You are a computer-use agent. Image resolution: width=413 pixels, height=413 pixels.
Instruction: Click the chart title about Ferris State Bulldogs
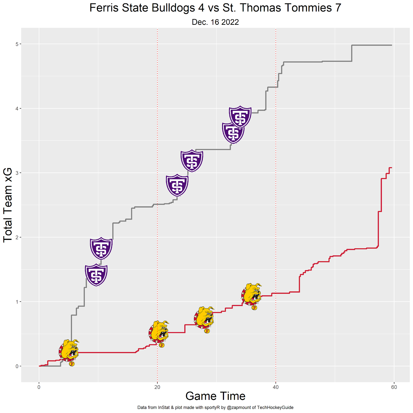tap(215, 8)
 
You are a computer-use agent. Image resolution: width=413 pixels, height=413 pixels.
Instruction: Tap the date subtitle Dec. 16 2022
tap(215, 22)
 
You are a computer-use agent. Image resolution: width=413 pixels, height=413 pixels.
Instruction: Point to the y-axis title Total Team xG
tap(8, 205)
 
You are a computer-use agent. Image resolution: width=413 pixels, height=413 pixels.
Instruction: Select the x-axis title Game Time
tap(215, 396)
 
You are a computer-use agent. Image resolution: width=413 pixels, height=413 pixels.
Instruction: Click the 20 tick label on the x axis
tap(157, 387)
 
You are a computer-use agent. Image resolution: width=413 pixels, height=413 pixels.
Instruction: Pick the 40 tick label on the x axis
tap(276, 387)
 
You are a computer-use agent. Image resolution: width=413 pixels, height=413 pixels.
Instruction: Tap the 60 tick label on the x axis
tap(394, 387)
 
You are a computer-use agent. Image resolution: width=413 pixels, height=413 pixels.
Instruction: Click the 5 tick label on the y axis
tap(17, 44)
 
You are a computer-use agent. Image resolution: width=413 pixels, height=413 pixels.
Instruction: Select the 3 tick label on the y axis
tap(17, 173)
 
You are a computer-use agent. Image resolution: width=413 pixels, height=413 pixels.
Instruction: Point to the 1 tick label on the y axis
tap(17, 302)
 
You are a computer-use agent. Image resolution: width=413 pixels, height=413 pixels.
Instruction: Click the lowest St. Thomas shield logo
tap(96, 275)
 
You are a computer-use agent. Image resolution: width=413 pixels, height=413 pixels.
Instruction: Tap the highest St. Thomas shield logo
tap(240, 117)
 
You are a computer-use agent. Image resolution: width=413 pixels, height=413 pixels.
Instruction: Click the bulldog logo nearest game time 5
tap(69, 352)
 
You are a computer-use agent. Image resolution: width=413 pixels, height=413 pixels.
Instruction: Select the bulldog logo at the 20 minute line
tap(159, 333)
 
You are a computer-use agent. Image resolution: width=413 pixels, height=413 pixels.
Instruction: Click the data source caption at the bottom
tap(215, 408)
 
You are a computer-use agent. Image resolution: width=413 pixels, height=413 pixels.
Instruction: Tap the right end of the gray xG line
tap(392, 45)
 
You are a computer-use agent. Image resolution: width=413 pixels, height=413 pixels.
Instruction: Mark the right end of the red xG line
tap(392, 168)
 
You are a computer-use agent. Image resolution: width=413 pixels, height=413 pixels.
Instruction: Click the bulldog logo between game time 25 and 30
tap(204, 319)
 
